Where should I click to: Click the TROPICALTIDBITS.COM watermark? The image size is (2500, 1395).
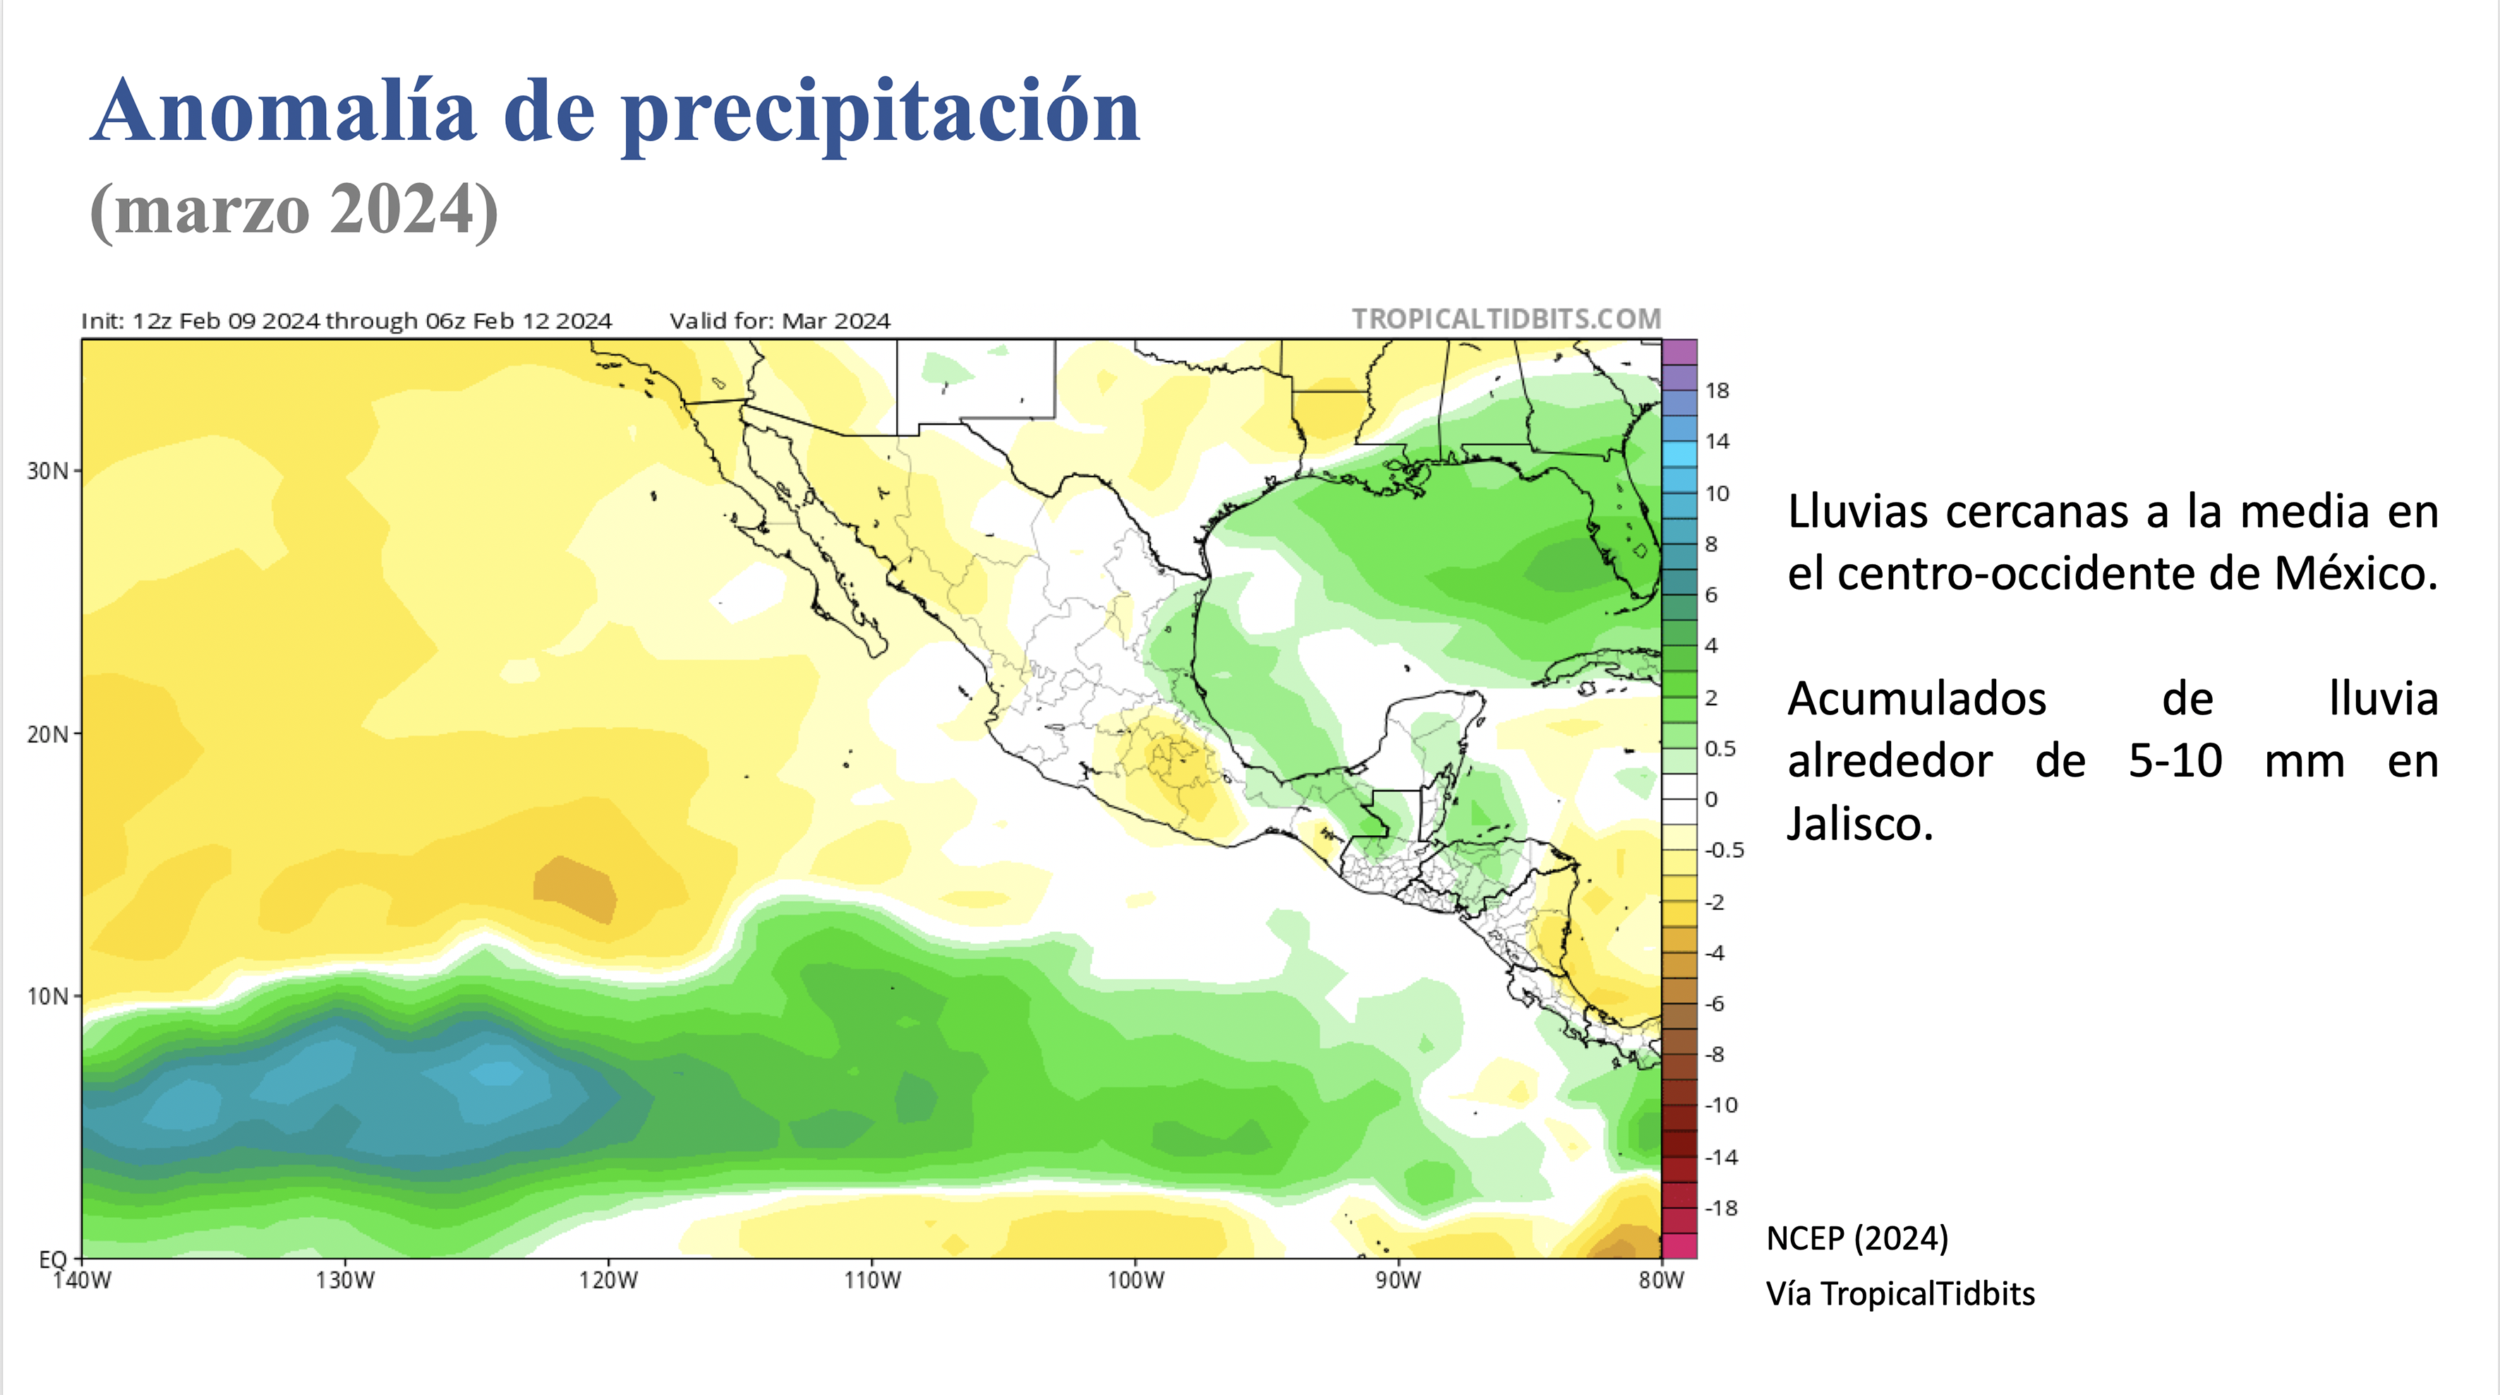[x=1506, y=319]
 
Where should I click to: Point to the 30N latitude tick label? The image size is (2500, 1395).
[x=47, y=472]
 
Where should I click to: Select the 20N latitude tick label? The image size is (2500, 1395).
[x=47, y=735]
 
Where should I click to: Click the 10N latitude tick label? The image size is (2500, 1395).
[x=47, y=997]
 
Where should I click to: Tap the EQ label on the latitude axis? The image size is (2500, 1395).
[x=52, y=1259]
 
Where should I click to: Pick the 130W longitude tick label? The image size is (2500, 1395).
[x=344, y=1281]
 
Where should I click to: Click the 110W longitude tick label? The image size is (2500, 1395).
[x=871, y=1281]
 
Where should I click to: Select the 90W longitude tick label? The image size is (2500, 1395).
[x=1398, y=1281]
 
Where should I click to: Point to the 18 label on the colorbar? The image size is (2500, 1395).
[x=1717, y=391]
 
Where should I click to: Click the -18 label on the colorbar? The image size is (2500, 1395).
[x=1721, y=1209]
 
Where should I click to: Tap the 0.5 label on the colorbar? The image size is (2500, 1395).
[x=1720, y=748]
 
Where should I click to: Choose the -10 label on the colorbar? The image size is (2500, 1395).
[x=1721, y=1106]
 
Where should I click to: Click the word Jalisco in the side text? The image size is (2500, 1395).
[x=1859, y=824]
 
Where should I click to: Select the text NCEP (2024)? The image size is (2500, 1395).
[x=1856, y=1239]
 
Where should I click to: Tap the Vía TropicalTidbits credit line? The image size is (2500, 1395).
[x=1900, y=1294]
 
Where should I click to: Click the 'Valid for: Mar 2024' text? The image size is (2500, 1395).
[x=779, y=321]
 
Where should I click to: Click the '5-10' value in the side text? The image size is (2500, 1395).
[x=2175, y=761]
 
